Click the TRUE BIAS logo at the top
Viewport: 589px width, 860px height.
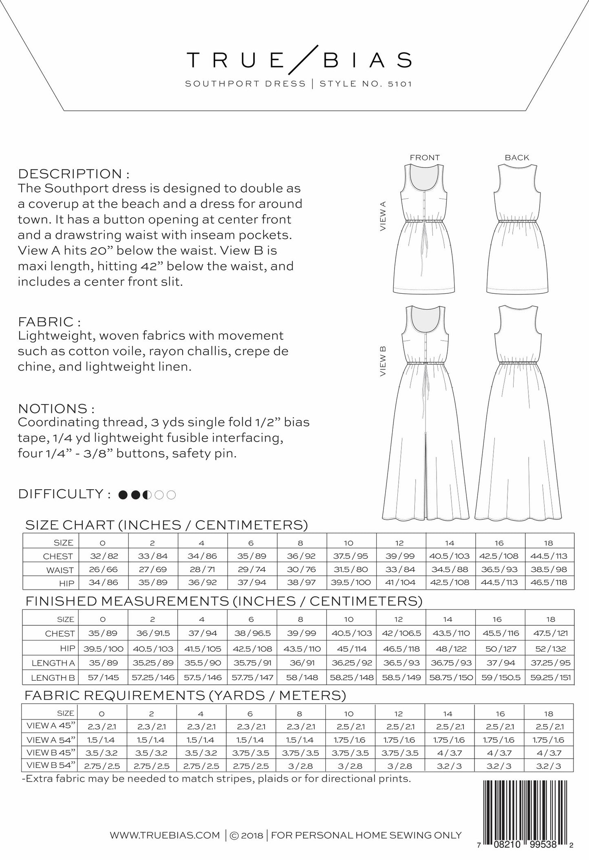299,60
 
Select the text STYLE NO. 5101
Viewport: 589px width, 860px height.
366,84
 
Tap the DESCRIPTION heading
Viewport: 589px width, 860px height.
74,174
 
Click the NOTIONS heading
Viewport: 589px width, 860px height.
56,409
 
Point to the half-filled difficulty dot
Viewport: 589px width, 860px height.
148,495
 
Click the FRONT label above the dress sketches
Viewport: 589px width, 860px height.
425,158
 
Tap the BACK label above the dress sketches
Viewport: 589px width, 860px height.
517,158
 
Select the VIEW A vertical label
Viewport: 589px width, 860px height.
383,216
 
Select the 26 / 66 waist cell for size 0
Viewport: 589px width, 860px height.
103,570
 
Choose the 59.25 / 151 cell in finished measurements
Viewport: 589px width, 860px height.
550,677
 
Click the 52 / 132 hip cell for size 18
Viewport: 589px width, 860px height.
550,648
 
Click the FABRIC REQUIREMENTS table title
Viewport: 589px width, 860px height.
185,695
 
